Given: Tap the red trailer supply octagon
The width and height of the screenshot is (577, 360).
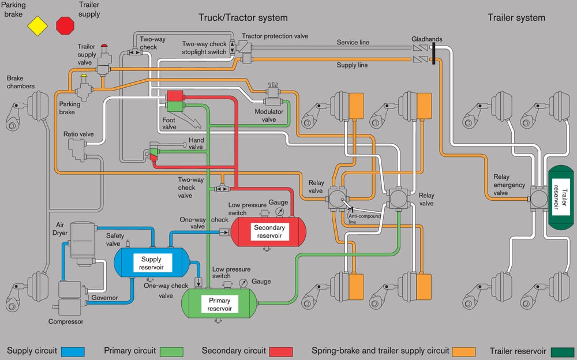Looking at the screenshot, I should coord(65,26).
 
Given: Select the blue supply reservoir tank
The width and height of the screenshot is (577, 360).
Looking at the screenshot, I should coord(151,263).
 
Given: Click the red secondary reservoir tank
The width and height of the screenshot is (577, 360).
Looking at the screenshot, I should coord(269,231).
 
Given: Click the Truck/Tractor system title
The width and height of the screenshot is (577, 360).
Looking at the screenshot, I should coord(243,17).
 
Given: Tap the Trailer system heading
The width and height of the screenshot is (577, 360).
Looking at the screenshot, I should coord(516,17).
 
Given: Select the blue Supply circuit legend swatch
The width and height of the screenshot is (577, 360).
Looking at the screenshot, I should coord(72,351).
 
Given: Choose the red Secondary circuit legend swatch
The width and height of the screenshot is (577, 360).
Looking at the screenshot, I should coord(280,351).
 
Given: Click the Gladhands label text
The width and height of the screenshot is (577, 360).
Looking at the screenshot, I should coord(427,39).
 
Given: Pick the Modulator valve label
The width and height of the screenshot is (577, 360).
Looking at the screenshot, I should coord(269,115).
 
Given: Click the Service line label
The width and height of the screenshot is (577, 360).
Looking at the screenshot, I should coord(353,43).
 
